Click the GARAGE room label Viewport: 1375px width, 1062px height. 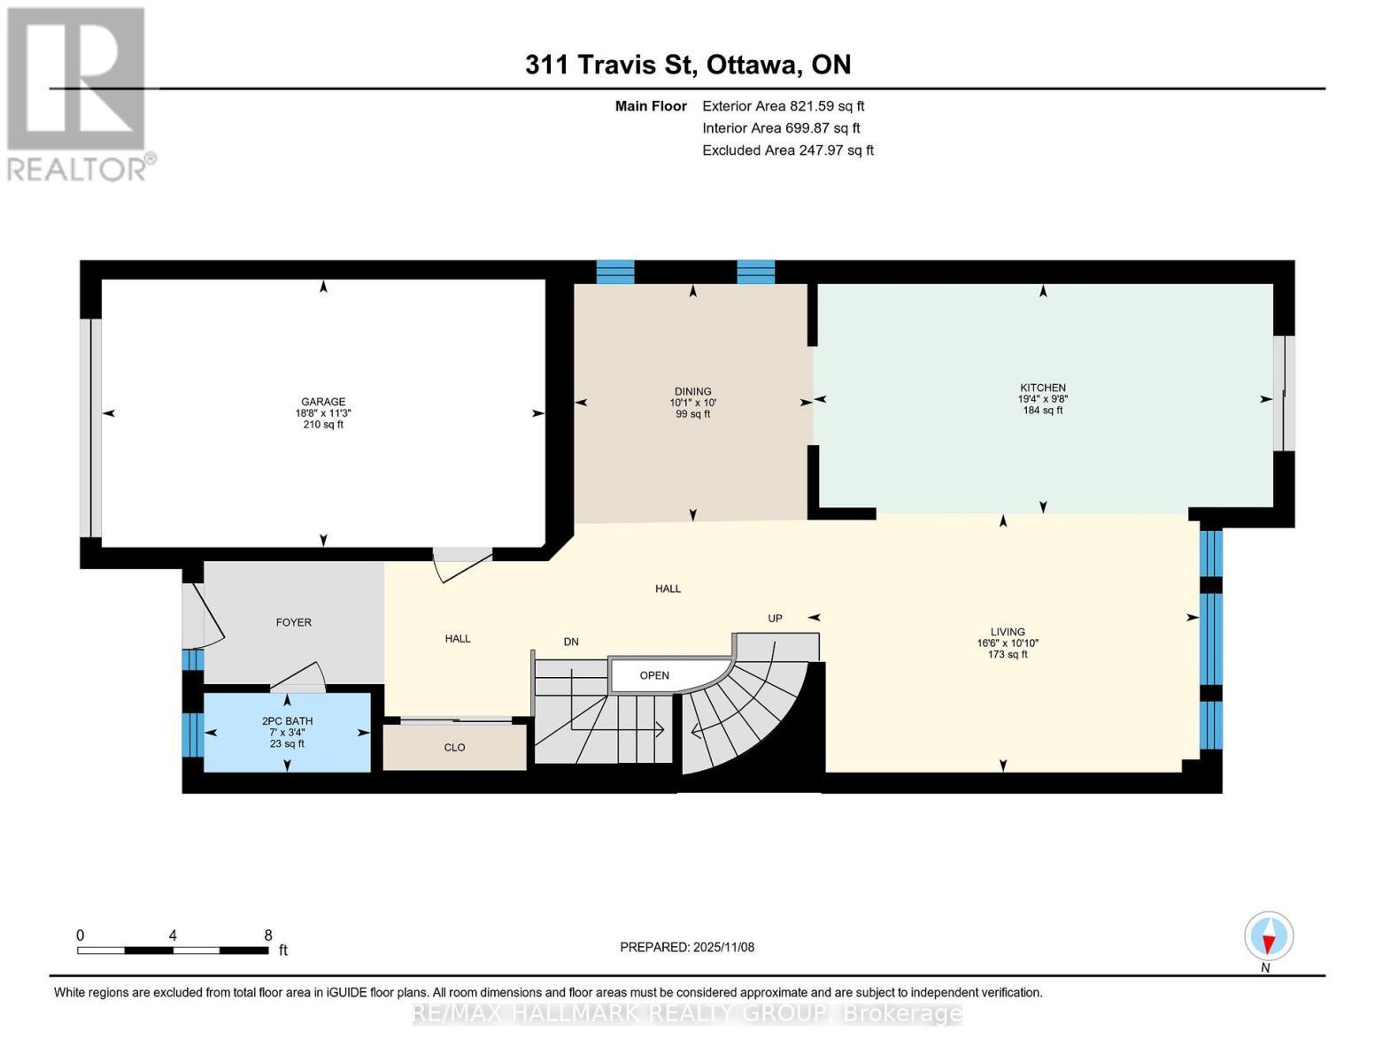point(323,402)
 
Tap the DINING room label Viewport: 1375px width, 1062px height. point(692,391)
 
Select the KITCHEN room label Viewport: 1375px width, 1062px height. point(1042,388)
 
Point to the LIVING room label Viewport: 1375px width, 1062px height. point(1008,632)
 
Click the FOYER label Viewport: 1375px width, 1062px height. point(293,622)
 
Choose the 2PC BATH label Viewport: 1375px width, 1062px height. point(287,721)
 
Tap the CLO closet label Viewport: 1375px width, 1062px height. point(454,748)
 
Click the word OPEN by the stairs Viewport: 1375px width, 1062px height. point(654,675)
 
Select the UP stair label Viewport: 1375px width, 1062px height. point(775,619)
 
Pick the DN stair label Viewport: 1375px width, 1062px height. point(571,642)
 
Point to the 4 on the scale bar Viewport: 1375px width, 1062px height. point(173,935)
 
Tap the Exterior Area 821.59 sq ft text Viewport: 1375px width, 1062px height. point(783,106)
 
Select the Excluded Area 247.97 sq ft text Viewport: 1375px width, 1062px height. point(787,150)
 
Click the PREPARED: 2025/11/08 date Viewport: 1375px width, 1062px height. point(687,947)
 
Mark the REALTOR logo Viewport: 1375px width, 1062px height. point(78,93)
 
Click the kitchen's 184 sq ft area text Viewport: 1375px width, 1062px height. point(1042,411)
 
